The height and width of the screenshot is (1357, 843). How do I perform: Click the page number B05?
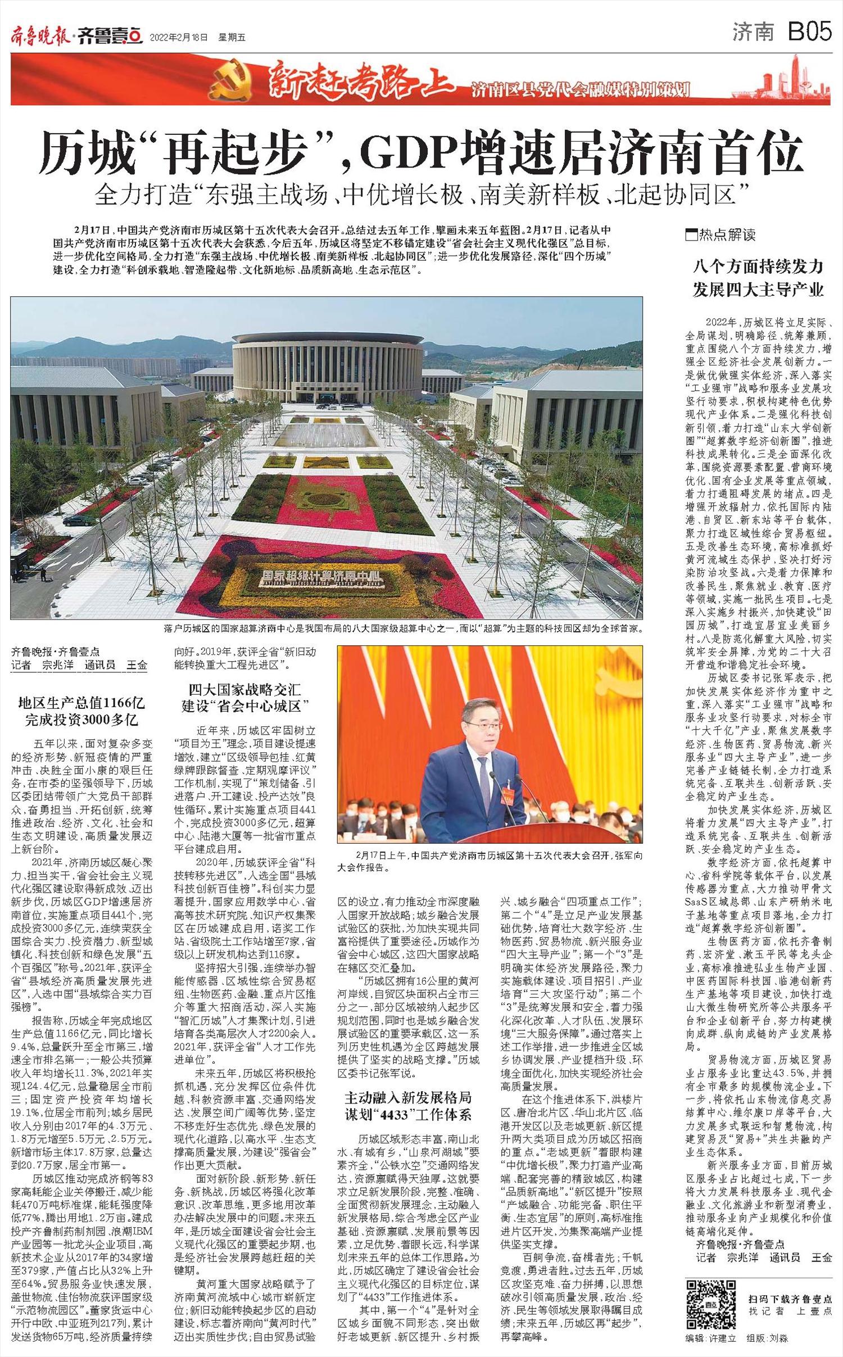[809, 33]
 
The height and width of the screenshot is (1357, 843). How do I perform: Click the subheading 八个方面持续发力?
[758, 266]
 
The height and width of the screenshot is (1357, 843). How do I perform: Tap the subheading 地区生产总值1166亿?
[81, 703]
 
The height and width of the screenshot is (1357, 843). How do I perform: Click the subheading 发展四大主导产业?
[758, 291]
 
